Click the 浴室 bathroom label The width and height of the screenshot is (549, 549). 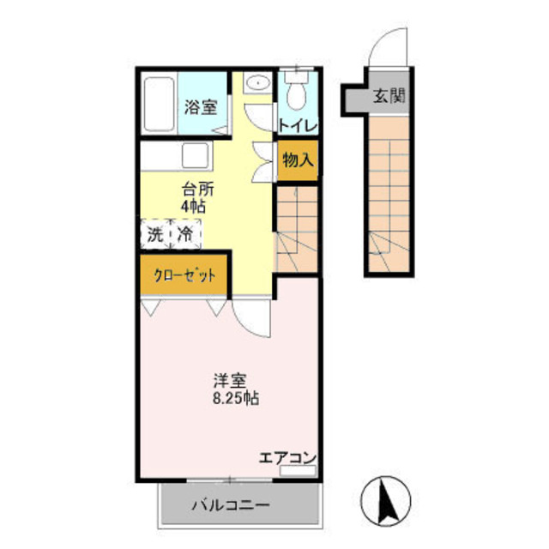coord(201,106)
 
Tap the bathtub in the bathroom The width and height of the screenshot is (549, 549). coord(160,105)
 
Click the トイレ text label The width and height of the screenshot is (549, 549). coord(298,126)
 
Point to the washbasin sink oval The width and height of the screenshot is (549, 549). coord(257,83)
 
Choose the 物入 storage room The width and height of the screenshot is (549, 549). coord(298,160)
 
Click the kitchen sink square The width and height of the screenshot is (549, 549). coord(196,156)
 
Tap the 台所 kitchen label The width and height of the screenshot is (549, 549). coord(197,190)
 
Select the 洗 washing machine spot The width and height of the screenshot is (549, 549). coord(155,234)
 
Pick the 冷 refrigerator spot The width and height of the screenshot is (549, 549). coord(185,234)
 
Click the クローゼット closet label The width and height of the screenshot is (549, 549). coord(185,276)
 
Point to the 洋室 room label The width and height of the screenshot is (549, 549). coord(230,381)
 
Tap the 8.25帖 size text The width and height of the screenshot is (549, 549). coord(236,398)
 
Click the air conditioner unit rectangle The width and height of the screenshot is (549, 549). coord(298,470)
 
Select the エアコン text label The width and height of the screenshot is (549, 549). coord(287,457)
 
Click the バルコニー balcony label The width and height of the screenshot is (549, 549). coord(231,505)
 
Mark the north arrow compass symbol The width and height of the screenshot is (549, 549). coord(385,500)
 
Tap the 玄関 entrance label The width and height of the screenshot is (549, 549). coord(389,95)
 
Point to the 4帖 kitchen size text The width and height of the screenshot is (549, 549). coord(193,206)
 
